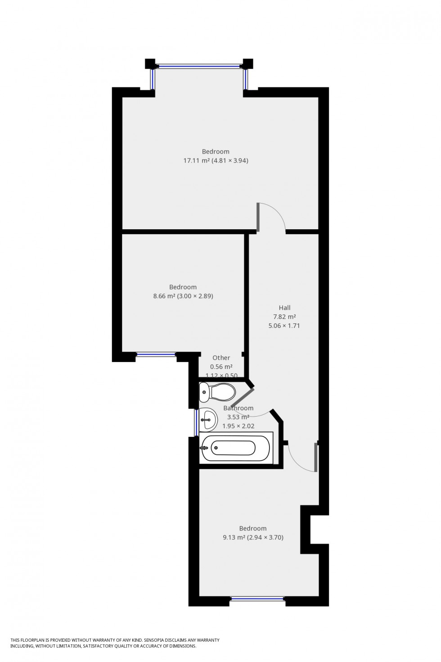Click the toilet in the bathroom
(217, 392)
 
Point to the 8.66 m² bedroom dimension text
(183, 296)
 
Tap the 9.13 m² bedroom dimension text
(253, 537)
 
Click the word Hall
(284, 308)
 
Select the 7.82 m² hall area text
(284, 317)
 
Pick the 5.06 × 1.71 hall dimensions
(284, 325)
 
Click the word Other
(221, 358)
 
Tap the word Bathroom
(238, 408)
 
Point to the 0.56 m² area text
(221, 367)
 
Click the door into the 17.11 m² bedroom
(258, 218)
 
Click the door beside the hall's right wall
(315, 457)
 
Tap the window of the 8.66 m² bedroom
(156, 354)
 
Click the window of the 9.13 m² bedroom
(257, 599)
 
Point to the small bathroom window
(197, 422)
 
